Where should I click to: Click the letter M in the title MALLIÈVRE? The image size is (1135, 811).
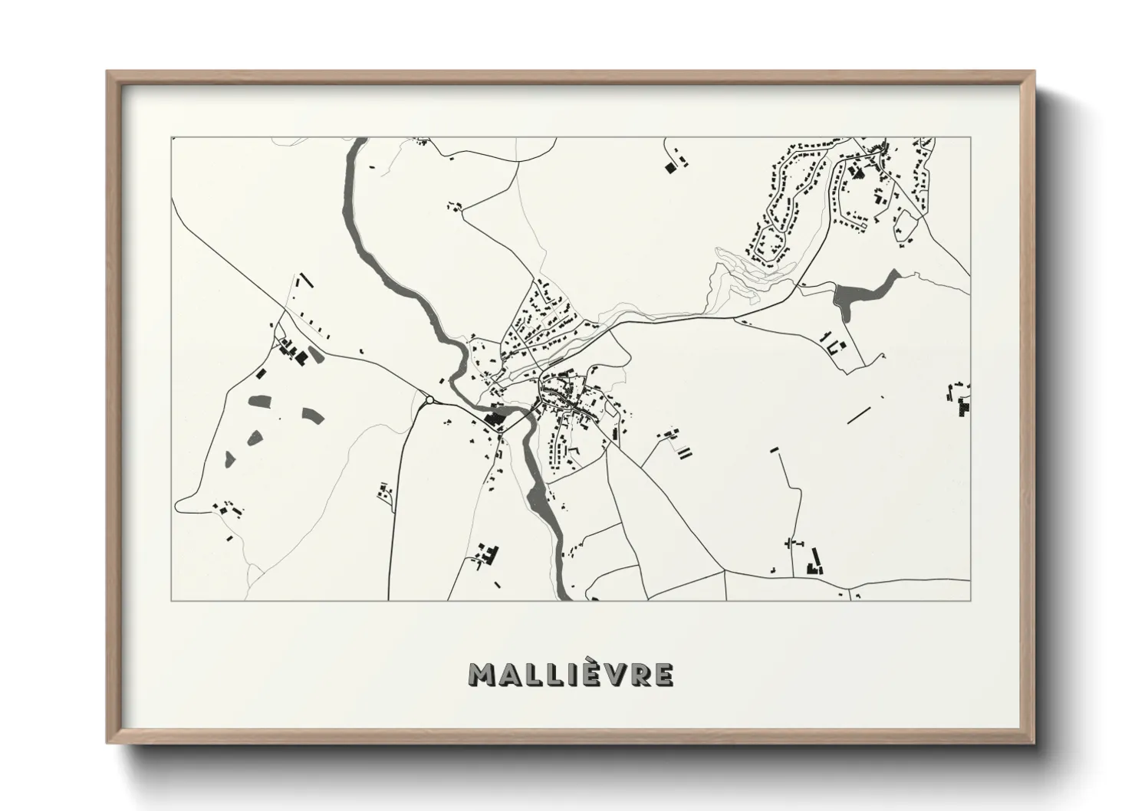480,675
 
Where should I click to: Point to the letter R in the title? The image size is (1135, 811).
639,675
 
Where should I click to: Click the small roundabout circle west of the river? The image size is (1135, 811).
429,399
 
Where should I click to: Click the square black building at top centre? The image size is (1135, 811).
668,166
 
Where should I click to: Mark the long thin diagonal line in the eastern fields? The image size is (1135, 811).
858,416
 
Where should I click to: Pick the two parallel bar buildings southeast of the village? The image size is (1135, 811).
683,453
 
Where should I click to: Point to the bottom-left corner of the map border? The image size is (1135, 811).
172,600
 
